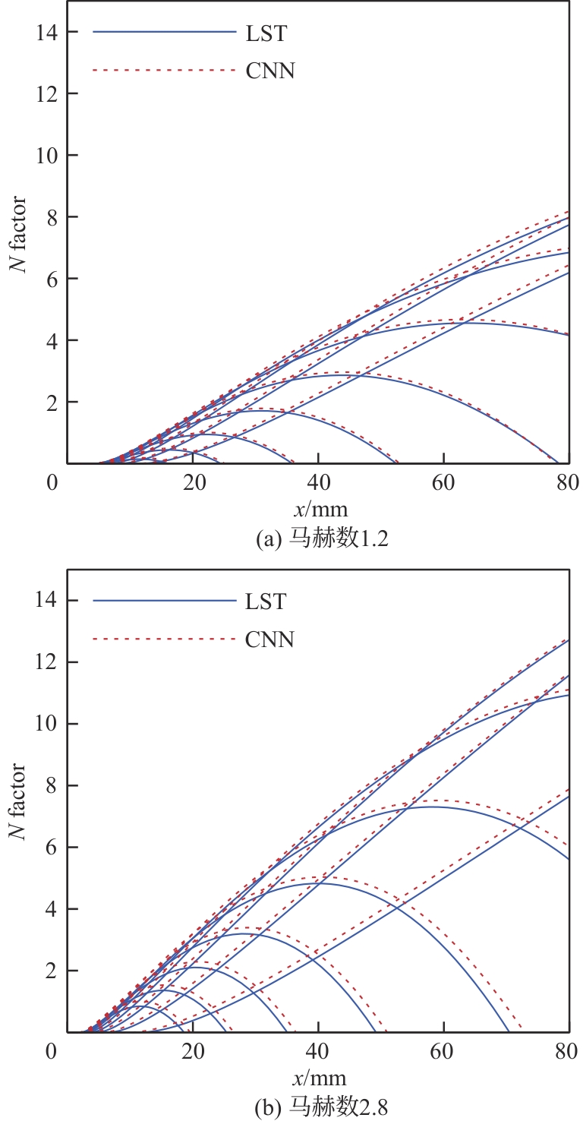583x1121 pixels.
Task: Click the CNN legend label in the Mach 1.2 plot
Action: (x=269, y=71)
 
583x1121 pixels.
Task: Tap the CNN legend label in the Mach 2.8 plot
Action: (x=269, y=639)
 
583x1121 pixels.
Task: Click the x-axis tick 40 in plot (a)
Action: (x=319, y=482)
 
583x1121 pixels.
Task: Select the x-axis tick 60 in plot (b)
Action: (x=443, y=1051)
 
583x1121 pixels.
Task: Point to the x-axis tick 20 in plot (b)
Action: (x=194, y=1051)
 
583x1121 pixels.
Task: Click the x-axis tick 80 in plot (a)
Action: (x=568, y=482)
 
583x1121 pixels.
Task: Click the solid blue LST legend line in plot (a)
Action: (x=164, y=32)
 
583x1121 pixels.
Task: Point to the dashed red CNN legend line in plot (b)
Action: (x=164, y=639)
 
